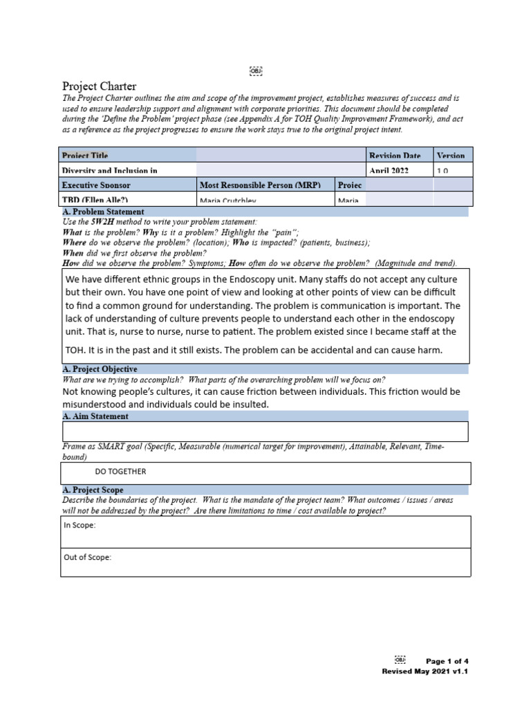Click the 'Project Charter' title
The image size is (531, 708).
pyautogui.click(x=100, y=86)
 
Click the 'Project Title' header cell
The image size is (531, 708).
pyautogui.click(x=85, y=156)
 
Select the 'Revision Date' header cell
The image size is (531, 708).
pyautogui.click(x=395, y=156)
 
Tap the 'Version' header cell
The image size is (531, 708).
pyautogui.click(x=451, y=156)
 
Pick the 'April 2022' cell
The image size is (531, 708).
pyautogui.click(x=389, y=171)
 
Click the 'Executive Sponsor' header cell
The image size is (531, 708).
pyautogui.click(x=96, y=185)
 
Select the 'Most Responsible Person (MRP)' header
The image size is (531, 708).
pyautogui.click(x=264, y=185)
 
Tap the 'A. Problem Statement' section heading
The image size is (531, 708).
pyautogui.click(x=103, y=212)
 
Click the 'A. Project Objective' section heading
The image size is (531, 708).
pyautogui.click(x=100, y=369)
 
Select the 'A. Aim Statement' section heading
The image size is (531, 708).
pyautogui.click(x=95, y=416)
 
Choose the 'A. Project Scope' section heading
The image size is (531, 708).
pyautogui.click(x=93, y=490)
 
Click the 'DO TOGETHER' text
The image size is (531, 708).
pyautogui.click(x=121, y=472)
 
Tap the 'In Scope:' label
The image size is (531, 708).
pyautogui.click(x=80, y=525)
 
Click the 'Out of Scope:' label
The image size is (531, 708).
pyautogui.click(x=86, y=557)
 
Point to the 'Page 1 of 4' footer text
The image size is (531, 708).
pyautogui.click(x=447, y=661)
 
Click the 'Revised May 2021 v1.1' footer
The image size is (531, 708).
pyautogui.click(x=425, y=671)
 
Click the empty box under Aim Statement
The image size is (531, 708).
pyautogui.click(x=265, y=431)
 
